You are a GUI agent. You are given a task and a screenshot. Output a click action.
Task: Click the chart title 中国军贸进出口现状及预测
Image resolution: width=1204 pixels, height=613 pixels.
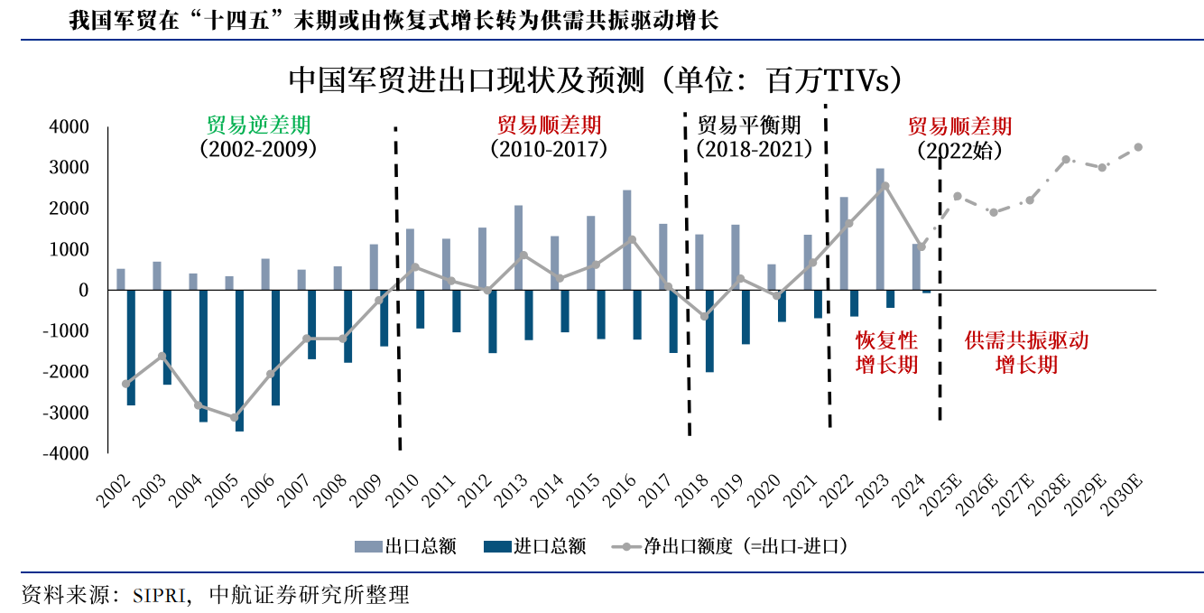466,80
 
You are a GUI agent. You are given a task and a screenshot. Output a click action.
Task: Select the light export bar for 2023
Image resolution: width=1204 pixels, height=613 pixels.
880,229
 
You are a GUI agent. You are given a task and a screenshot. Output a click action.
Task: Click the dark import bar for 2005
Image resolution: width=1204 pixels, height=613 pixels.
239,360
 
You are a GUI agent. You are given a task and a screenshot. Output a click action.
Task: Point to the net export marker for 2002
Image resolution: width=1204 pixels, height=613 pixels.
125,384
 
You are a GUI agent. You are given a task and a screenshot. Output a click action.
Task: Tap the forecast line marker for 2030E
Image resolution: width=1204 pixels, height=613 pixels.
1138,147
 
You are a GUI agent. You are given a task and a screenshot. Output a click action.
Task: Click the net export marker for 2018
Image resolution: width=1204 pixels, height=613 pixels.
705,316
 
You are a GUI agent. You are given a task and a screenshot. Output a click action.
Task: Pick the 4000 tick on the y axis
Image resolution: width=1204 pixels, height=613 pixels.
69,127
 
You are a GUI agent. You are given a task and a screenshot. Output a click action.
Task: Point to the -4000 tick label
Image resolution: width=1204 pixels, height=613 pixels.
66,453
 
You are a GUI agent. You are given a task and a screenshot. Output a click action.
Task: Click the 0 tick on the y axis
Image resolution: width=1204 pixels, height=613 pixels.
83,291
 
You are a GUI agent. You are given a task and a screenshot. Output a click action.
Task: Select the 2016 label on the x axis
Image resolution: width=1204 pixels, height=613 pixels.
618,490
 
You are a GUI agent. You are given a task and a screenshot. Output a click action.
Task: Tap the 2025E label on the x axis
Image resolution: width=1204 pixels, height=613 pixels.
940,494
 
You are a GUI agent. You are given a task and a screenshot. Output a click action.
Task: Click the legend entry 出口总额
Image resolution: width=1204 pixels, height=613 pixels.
405,546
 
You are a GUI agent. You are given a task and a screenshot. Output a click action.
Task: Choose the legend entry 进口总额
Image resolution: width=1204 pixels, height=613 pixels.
534,546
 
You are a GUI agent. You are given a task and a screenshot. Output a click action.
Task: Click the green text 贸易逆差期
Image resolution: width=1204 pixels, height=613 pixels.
258,125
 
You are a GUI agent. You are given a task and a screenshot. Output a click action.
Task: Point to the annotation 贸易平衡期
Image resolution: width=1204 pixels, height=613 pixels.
749,125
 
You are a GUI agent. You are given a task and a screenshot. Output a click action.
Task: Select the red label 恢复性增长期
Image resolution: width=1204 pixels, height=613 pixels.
886,353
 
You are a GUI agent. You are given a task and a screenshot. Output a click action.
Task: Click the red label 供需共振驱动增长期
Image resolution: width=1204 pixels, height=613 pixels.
1026,353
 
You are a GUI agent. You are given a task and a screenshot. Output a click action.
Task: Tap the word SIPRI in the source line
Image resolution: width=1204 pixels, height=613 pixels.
159,595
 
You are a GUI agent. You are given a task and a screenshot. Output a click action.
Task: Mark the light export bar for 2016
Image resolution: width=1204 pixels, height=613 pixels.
626,240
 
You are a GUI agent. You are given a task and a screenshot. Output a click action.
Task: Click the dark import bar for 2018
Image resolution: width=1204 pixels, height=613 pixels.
709,330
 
